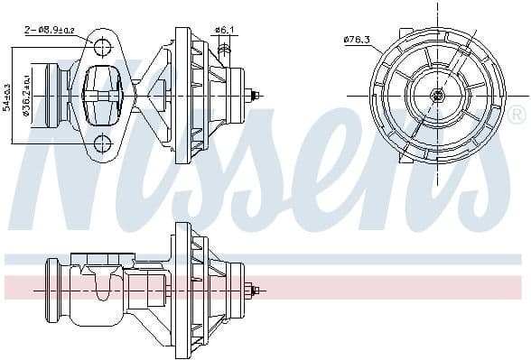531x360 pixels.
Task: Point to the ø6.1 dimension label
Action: (224, 31)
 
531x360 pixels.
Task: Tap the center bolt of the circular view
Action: (438, 95)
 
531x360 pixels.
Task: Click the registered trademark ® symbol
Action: (516, 115)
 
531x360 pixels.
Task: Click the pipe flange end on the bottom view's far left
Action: (51, 291)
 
